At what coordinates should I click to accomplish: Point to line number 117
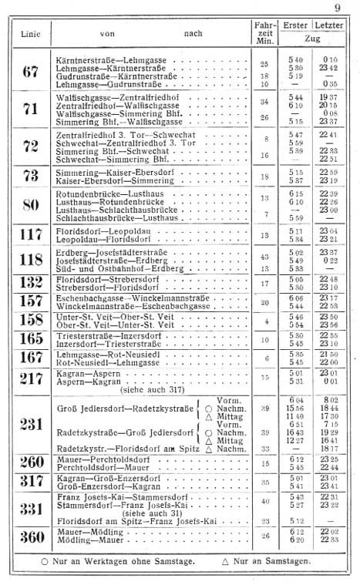[30, 234]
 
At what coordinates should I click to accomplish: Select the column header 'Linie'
[30, 32]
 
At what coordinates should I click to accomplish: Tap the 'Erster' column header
[295, 26]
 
